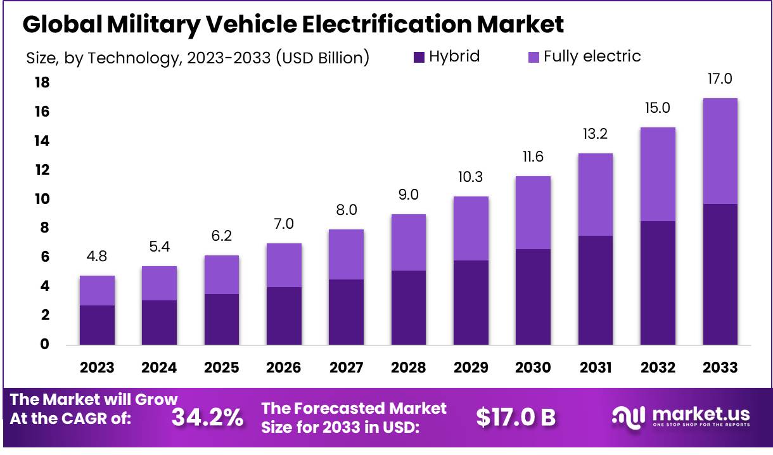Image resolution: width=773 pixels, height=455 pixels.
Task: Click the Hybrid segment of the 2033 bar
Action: [720, 274]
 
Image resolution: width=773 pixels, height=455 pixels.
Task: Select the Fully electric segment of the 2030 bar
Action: [533, 212]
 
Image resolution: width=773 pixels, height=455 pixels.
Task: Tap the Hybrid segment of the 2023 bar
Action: [97, 324]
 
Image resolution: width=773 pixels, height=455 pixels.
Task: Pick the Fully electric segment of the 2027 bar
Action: [347, 254]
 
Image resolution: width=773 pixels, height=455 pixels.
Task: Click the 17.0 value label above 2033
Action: [720, 79]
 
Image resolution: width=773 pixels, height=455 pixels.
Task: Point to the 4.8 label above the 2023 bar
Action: [97, 257]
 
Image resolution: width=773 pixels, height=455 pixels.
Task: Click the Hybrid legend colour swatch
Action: [419, 57]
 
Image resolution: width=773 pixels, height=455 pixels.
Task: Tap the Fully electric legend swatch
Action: [533, 57]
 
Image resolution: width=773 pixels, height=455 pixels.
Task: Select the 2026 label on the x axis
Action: [284, 368]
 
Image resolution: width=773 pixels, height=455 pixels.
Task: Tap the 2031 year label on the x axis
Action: [596, 368]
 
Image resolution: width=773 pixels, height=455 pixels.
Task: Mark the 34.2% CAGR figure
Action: [207, 417]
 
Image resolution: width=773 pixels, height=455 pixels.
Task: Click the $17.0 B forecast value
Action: [516, 417]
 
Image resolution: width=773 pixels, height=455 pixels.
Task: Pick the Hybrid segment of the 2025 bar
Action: [222, 319]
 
